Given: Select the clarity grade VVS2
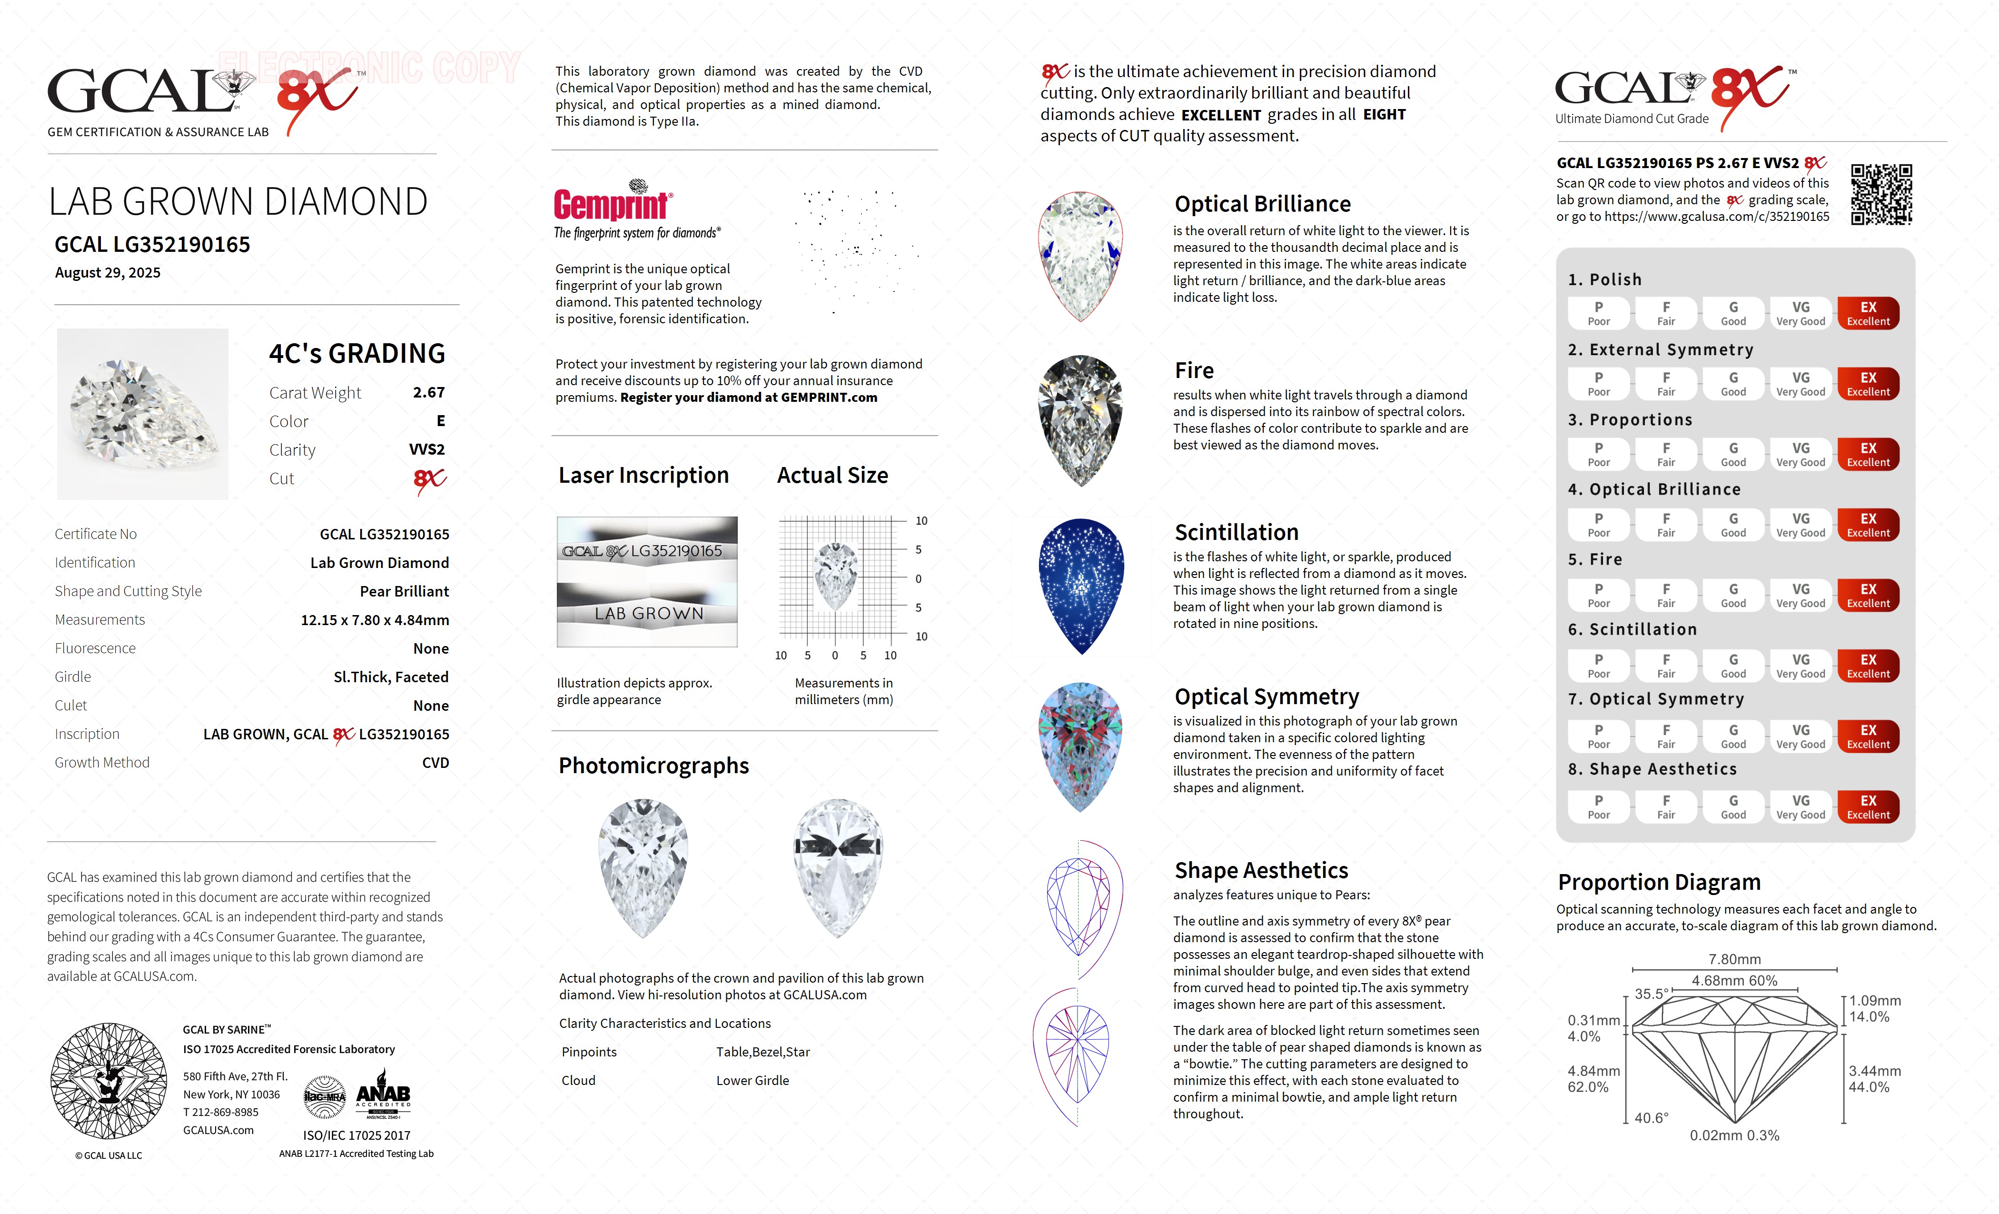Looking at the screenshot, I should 427,449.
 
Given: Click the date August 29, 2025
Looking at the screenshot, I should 108,273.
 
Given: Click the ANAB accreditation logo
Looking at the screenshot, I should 383,1097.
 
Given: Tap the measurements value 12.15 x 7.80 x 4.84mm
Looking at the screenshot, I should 375,620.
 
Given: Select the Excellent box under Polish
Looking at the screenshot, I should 1868,313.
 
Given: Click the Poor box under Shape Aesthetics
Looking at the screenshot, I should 1598,806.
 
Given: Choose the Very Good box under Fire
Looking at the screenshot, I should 1800,595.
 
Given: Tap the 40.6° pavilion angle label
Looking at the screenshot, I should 1651,1117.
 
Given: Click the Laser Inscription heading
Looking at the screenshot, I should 643,476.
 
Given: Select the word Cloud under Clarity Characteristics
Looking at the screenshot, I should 578,1080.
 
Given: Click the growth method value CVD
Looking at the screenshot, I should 435,763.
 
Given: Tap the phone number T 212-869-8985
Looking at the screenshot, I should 221,1112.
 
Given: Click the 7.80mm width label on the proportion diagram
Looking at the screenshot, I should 1734,959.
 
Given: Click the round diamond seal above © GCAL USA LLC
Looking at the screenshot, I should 109,1080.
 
